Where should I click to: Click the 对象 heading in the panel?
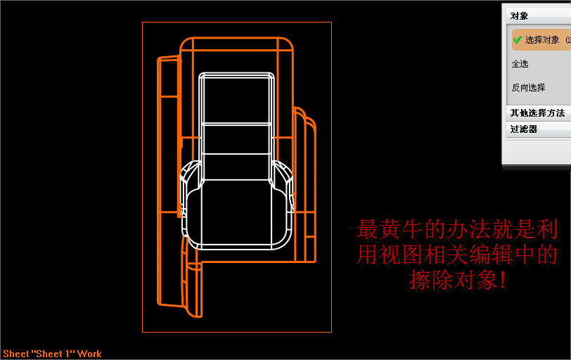point(520,15)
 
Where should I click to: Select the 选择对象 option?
point(542,40)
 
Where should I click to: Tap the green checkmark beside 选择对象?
point(517,40)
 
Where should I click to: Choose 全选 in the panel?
point(520,64)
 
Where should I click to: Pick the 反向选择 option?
point(528,88)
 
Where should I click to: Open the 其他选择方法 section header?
point(537,112)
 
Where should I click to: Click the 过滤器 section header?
point(523,129)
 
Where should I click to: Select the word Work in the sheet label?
point(89,354)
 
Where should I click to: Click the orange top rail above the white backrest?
point(236,44)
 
